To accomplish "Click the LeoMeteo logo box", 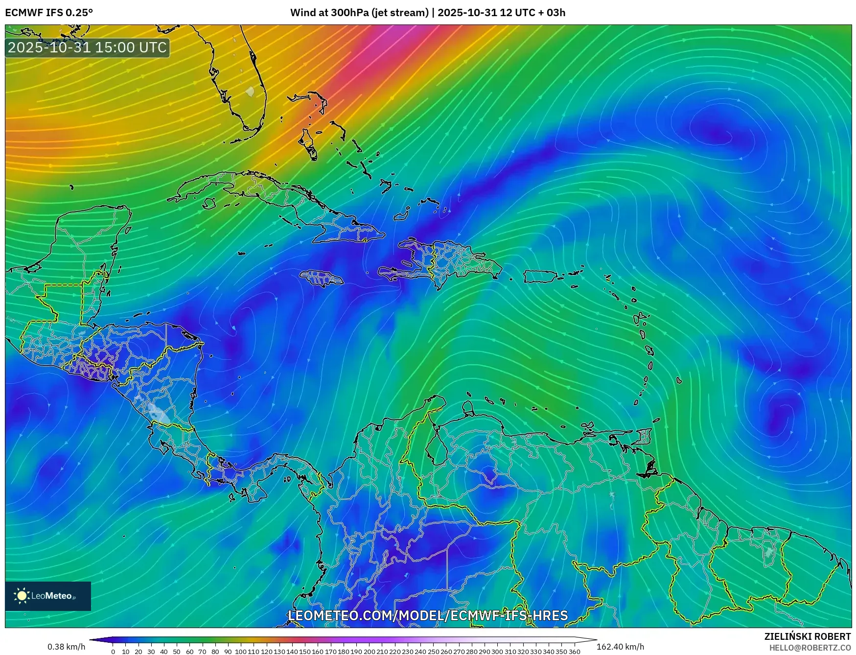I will coord(48,596).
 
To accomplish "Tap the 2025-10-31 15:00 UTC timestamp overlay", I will coord(87,47).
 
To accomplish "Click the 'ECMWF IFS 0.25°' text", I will coord(48,12).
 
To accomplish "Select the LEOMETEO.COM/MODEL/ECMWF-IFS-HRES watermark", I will coord(428,615).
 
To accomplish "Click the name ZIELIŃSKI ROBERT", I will coord(808,636).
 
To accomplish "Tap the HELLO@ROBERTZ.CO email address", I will coord(810,648).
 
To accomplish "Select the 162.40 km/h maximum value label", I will coord(620,647).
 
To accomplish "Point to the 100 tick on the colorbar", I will coord(241,652).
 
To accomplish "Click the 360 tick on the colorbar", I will coord(574,652).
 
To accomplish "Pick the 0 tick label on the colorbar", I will coord(113,652).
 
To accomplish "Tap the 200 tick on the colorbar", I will coord(369,652).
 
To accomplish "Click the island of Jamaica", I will coord(322,279).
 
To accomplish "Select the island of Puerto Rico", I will coord(540,277).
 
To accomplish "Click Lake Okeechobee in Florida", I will coord(250,92).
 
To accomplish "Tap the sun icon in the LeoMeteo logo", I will coord(22,596).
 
